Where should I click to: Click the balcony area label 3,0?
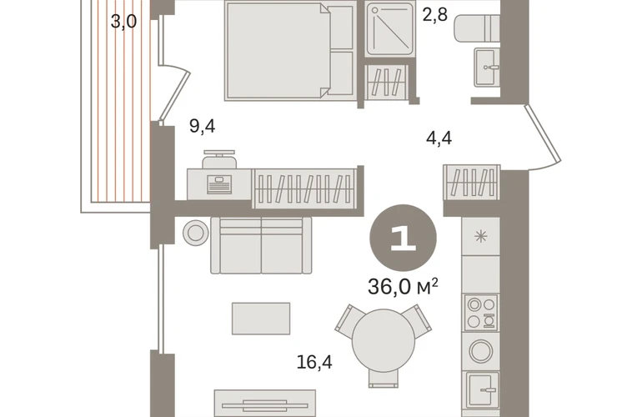point(123,22)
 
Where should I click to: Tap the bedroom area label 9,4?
point(203,126)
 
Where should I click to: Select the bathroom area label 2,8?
point(435,15)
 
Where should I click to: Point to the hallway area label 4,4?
point(439,138)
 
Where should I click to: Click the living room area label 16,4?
point(314,362)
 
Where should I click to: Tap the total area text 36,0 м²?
point(404,286)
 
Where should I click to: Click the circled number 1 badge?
point(404,238)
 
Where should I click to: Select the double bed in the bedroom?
point(289,51)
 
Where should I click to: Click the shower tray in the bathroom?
point(390,28)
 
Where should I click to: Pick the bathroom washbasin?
point(487,68)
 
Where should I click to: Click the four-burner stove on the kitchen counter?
point(482,312)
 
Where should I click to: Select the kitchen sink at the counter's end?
point(482,390)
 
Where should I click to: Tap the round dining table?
point(384,340)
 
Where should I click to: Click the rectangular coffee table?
point(261,319)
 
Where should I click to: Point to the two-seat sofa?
point(261,245)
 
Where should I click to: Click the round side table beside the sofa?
point(196,233)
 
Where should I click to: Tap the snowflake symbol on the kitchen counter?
point(481,236)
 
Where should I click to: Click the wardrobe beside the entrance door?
point(472,183)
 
